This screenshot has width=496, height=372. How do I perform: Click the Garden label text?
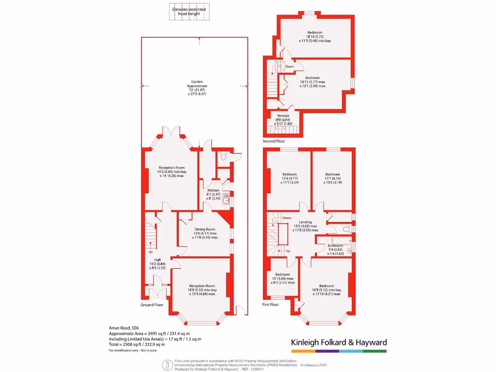(197, 82)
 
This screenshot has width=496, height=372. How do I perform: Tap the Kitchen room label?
(214, 190)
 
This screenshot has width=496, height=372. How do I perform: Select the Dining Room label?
(205, 229)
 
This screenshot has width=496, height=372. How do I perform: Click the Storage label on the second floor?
(283, 116)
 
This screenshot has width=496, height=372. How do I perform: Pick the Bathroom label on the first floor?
(335, 246)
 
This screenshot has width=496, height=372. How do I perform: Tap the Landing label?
(305, 222)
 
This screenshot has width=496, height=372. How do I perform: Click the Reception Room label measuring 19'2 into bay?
(173, 168)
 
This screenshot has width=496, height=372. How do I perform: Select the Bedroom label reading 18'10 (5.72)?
(314, 32)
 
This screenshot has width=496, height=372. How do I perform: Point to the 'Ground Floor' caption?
(152, 305)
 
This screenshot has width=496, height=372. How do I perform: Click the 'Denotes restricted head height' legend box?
(189, 12)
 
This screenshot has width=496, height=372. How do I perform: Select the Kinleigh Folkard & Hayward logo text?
(339, 342)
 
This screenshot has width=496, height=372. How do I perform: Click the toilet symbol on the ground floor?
(223, 156)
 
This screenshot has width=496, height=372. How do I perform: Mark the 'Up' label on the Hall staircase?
(151, 252)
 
